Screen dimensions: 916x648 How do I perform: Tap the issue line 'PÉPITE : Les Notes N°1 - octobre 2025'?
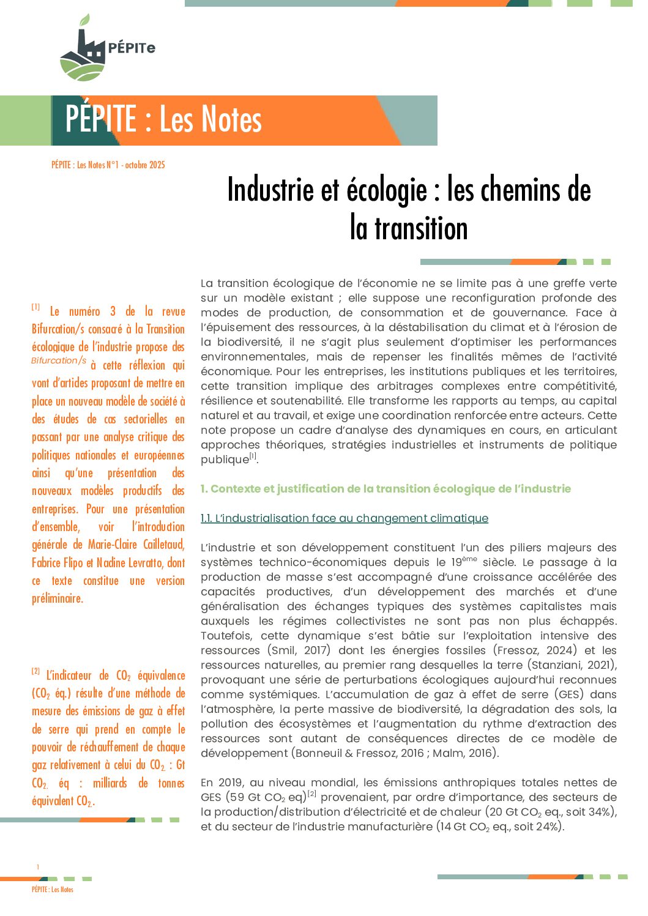108,165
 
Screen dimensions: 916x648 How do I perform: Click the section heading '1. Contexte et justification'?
385,489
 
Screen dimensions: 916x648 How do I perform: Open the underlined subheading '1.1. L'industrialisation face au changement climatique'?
344,519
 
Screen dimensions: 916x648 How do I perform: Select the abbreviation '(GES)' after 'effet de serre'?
569,694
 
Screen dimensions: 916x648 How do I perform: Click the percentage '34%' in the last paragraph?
603,812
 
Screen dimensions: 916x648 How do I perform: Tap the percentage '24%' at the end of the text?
548,827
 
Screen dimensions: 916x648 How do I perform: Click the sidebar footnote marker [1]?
36,307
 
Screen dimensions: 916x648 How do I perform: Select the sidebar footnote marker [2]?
36,671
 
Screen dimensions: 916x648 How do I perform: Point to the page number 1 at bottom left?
37,867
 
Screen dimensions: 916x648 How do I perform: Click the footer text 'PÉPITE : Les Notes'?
53,890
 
